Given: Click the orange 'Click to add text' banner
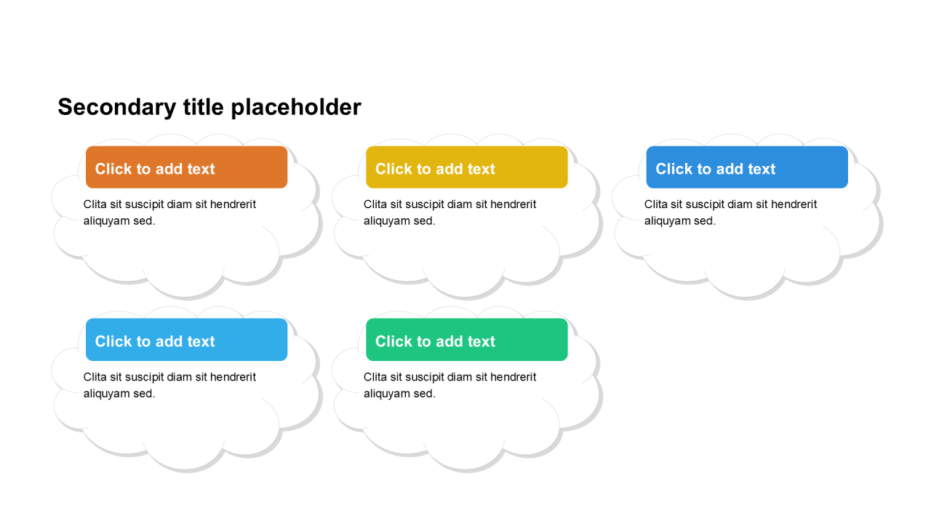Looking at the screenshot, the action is [x=187, y=167].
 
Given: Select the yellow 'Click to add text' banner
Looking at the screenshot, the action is [x=467, y=167].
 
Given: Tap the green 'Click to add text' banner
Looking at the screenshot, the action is [x=467, y=340].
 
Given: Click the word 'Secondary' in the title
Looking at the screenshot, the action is [x=117, y=108].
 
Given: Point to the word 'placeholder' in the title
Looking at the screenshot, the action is [x=296, y=108].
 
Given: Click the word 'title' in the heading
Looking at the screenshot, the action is [x=204, y=107].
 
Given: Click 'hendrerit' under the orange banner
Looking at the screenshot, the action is [x=233, y=205].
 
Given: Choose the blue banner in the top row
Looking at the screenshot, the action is [x=747, y=167].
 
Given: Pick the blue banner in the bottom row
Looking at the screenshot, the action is [x=187, y=340].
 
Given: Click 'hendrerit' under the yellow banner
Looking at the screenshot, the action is [x=513, y=205].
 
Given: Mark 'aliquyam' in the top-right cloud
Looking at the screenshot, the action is [x=668, y=221].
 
